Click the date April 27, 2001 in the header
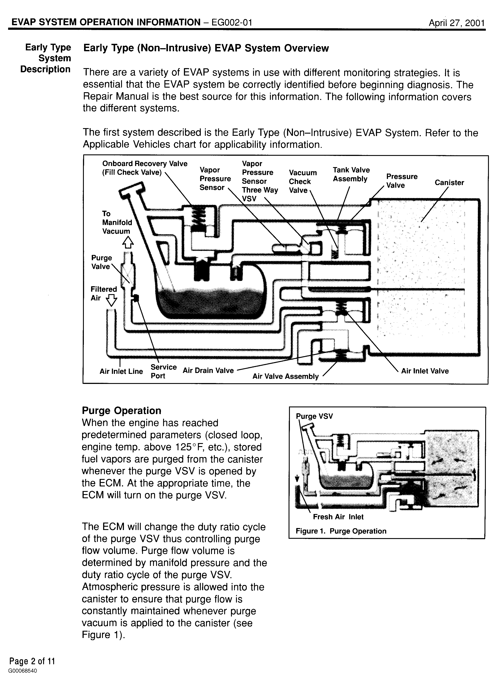[456, 23]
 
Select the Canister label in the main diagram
[449, 183]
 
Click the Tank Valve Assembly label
[351, 174]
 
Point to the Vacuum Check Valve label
[302, 181]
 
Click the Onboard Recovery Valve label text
[145, 164]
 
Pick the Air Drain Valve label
[208, 370]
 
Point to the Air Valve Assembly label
[285, 376]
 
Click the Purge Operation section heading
[122, 410]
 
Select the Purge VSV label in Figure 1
[314, 416]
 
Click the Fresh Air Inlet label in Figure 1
[338, 517]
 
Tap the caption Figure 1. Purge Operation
[341, 531]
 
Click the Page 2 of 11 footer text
[32, 661]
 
